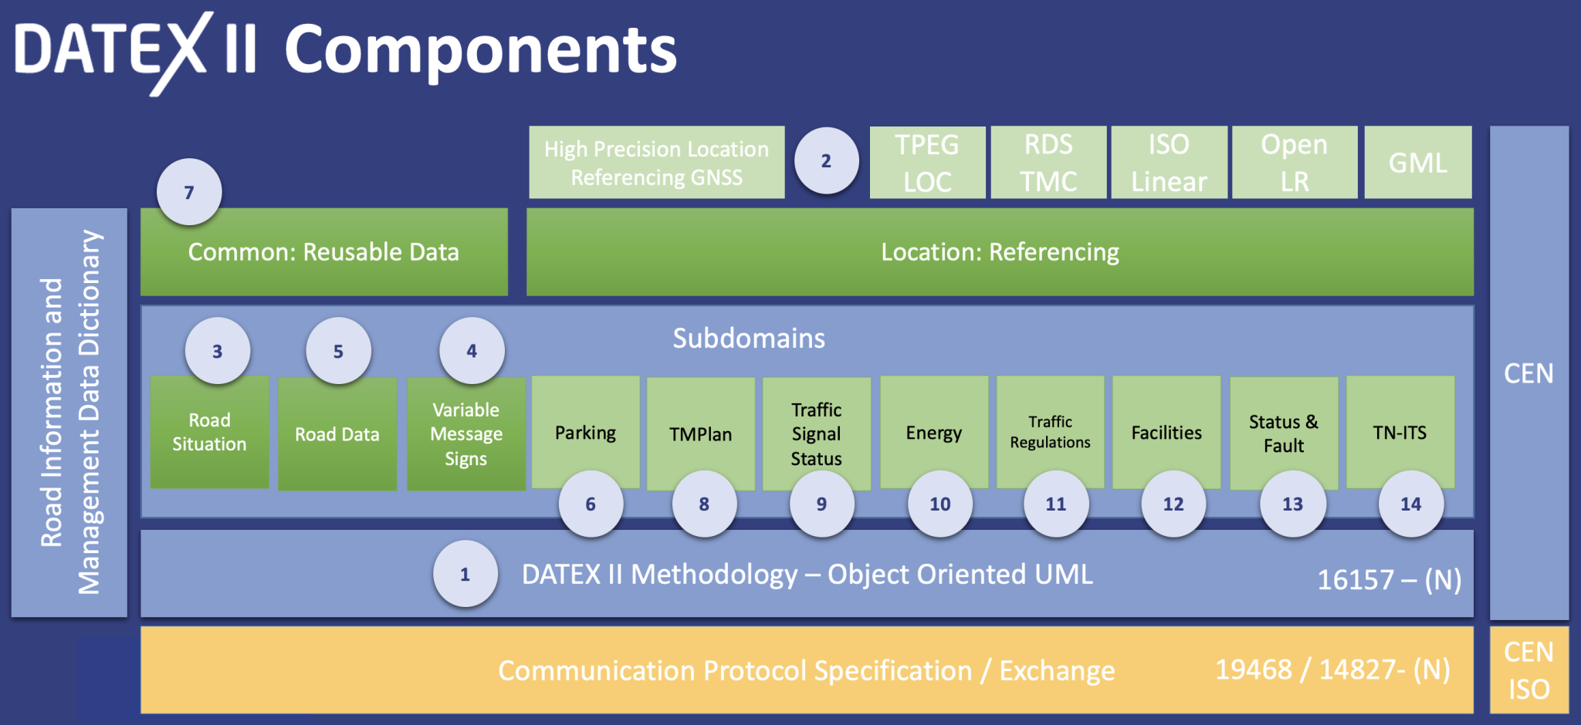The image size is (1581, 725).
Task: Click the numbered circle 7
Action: pos(189,192)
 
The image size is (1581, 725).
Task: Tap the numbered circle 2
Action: pos(826,160)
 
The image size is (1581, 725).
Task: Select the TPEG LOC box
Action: pos(927,163)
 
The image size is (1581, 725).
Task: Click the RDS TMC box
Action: pos(1048,163)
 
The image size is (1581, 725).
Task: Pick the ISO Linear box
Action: pos(1169,163)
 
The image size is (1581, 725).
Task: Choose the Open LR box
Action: pos(1295,163)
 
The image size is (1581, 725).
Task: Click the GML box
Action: pos(1418,163)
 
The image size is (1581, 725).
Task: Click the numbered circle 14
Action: pos(1410,504)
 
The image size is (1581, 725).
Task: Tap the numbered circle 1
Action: pos(465,574)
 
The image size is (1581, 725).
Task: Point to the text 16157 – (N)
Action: pos(1389,580)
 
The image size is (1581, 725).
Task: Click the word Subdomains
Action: pos(749,338)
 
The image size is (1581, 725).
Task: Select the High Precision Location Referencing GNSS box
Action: pos(656,163)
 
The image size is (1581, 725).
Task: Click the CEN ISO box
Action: pos(1529,669)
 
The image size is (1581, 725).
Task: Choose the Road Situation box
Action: pos(209,432)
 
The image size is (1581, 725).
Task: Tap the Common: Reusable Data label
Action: pos(323,252)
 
